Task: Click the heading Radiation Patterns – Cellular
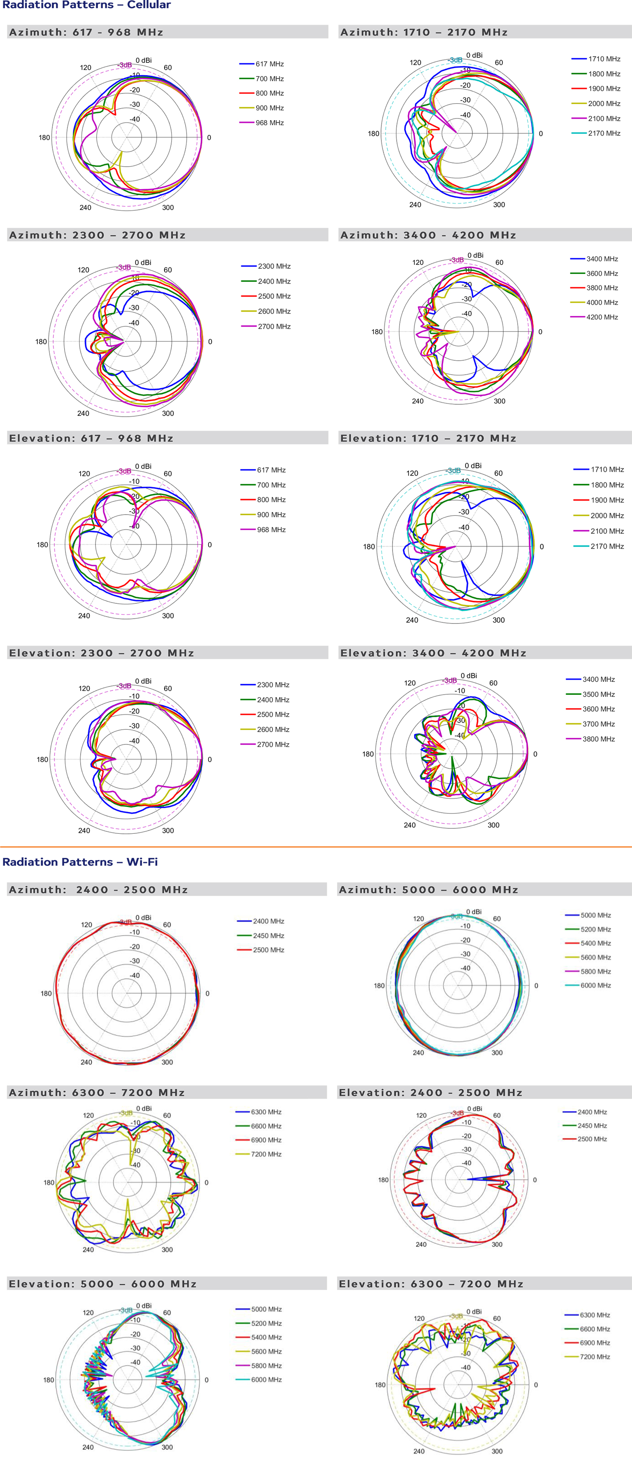pos(86,5)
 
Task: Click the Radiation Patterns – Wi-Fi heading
pos(80,862)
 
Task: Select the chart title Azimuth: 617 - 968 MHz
pos(86,32)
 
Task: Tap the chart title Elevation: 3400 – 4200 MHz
pos(433,653)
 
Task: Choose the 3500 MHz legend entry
pos(598,694)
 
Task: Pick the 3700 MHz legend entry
pos(598,724)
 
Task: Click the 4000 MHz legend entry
pos(602,303)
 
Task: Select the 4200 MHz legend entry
pos(602,317)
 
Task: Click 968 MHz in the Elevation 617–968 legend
pos(271,530)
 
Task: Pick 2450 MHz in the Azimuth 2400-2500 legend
pos(268,936)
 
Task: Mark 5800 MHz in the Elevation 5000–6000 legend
pos(266,1366)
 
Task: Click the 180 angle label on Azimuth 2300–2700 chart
pos(41,342)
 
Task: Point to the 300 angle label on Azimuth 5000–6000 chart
pos(497,1053)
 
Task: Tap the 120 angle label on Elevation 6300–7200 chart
pos(419,1319)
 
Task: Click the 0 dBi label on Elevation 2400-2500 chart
pos(474,1109)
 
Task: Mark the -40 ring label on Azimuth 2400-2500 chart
pos(134,975)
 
